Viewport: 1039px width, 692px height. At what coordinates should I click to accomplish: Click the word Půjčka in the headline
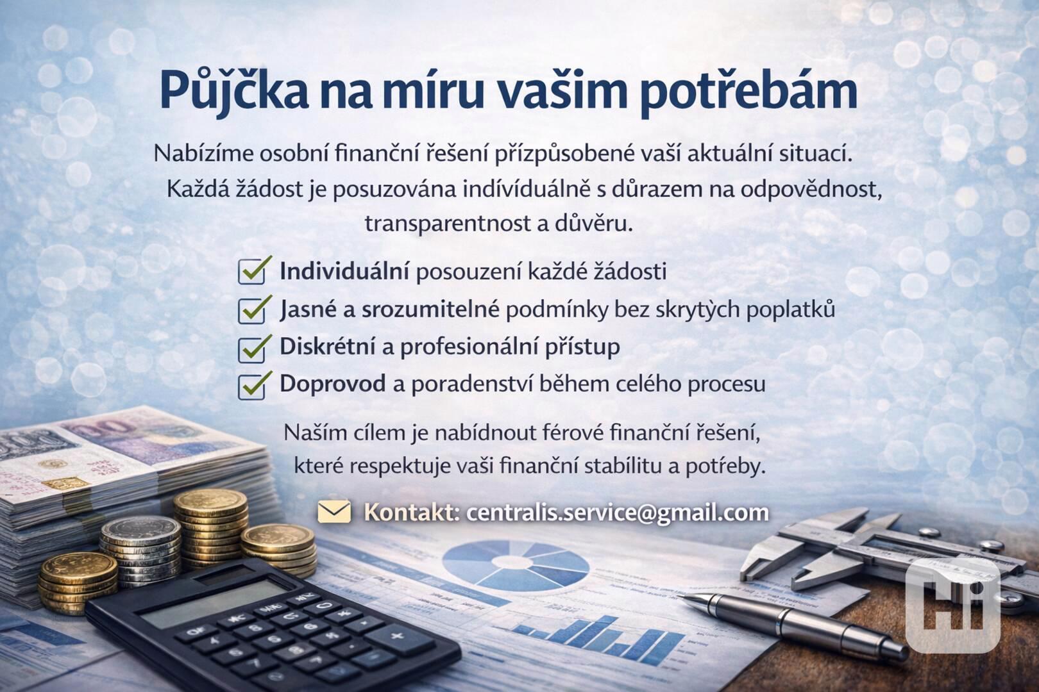[x=234, y=92]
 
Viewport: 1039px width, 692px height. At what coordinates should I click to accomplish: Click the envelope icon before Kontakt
[x=334, y=512]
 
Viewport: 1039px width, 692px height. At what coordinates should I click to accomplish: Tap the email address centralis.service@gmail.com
[x=618, y=513]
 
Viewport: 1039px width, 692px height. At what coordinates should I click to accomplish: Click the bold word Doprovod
[x=333, y=384]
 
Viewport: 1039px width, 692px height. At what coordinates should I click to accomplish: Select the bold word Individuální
[x=344, y=271]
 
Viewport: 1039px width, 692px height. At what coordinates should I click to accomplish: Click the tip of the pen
[x=684, y=597]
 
